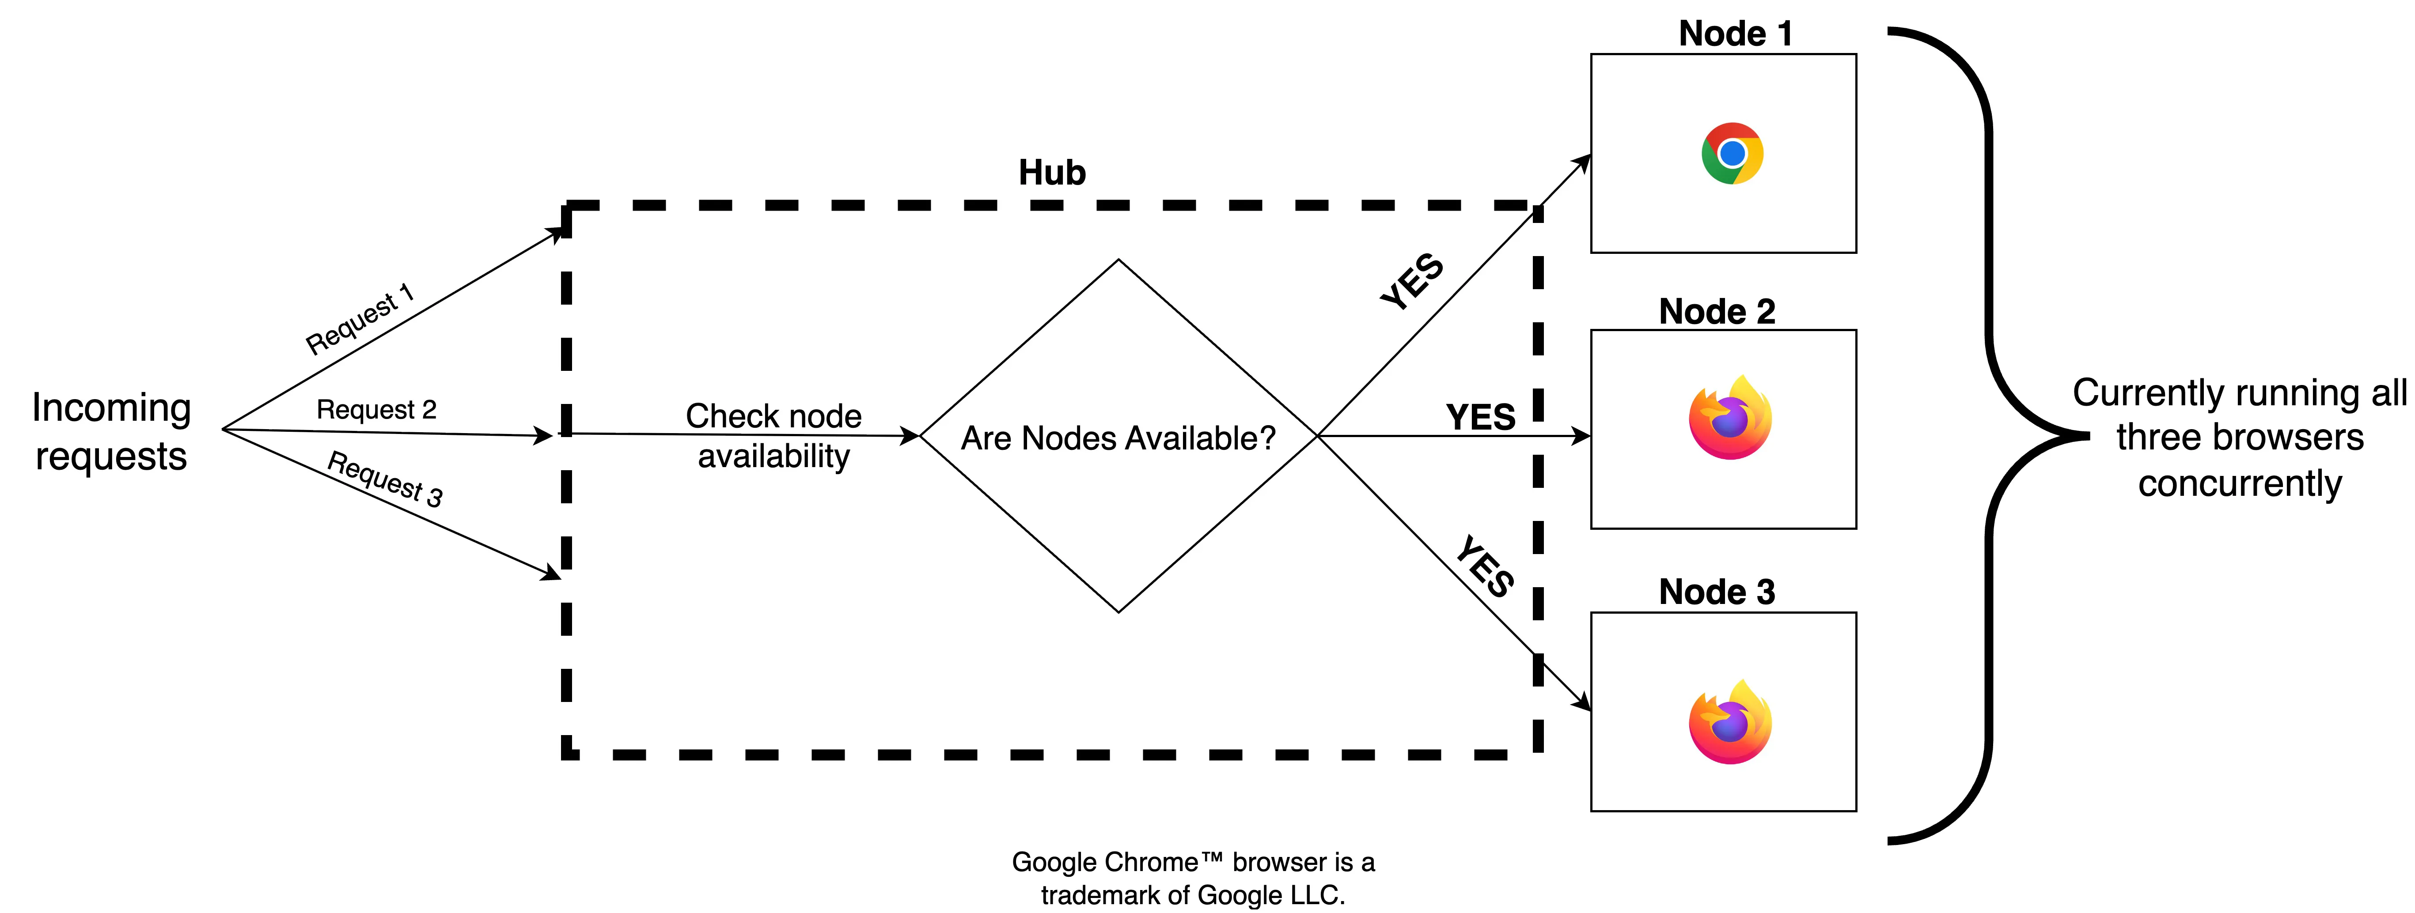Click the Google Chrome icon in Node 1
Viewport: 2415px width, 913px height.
[x=1732, y=153]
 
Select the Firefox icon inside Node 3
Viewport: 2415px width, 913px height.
[x=1730, y=723]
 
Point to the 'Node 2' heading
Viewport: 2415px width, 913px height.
[x=1717, y=311]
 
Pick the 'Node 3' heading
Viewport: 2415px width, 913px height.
[x=1717, y=592]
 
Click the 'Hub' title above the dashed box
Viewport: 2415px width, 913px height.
[x=1052, y=173]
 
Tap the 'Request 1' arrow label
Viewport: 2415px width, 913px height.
[x=360, y=319]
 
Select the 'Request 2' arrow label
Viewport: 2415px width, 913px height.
[x=376, y=410]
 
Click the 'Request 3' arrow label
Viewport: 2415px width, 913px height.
[x=384, y=478]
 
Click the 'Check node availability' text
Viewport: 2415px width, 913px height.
[x=773, y=436]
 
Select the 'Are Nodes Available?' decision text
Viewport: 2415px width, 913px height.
[x=1118, y=438]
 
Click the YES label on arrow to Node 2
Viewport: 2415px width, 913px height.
[x=1480, y=417]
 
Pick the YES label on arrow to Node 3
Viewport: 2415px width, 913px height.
[x=1485, y=566]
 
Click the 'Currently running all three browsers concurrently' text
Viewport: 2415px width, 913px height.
[x=2239, y=438]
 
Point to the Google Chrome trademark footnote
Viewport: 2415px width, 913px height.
[x=1193, y=878]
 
